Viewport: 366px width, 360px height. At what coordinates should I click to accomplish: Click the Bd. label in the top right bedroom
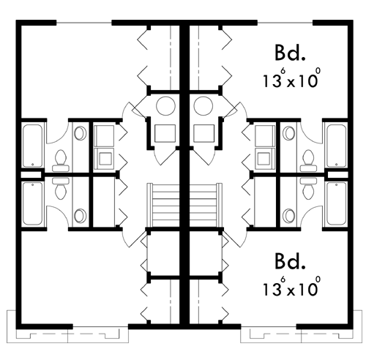click(x=290, y=53)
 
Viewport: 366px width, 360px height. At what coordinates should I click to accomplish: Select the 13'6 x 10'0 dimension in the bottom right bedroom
click(x=291, y=286)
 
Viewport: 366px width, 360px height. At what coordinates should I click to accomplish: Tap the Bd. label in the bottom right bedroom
click(x=290, y=261)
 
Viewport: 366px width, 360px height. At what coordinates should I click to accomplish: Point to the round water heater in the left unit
click(x=165, y=106)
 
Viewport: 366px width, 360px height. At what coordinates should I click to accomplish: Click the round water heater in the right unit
click(x=203, y=106)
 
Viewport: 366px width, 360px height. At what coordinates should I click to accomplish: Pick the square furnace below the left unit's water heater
click(x=165, y=133)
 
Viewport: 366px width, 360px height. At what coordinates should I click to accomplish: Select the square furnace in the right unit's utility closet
click(x=204, y=133)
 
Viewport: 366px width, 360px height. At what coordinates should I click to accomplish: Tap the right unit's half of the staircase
click(x=206, y=205)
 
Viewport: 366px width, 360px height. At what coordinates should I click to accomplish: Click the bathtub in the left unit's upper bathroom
click(x=33, y=146)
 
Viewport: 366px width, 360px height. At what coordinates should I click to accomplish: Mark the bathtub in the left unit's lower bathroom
click(x=33, y=203)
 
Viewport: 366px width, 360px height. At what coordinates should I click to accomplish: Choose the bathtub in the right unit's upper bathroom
click(x=337, y=146)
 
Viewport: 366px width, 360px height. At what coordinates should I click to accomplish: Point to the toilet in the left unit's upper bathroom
click(x=61, y=160)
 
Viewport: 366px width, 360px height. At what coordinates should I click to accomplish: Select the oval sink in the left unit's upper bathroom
click(x=81, y=133)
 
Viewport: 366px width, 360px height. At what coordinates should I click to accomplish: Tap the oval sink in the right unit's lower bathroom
click(x=289, y=216)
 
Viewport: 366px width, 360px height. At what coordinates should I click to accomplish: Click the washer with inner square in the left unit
click(x=104, y=158)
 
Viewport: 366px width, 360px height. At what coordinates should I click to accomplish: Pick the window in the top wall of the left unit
click(x=84, y=23)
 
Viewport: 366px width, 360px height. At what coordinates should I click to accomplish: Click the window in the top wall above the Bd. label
click(x=285, y=23)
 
